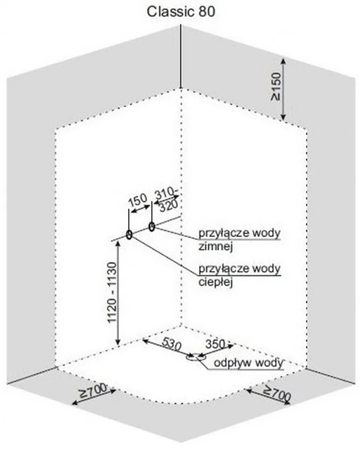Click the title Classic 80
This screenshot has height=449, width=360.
pos(181,12)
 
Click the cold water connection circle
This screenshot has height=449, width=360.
pos(152,227)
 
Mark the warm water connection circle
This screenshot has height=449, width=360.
pos(129,234)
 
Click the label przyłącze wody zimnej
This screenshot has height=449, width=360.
pos(239,239)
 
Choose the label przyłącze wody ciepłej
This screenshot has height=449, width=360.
pos(239,275)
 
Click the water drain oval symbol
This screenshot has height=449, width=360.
pos(192,358)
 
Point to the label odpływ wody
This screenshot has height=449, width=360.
pos(248,363)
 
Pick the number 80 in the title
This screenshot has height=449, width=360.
pos(208,12)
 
